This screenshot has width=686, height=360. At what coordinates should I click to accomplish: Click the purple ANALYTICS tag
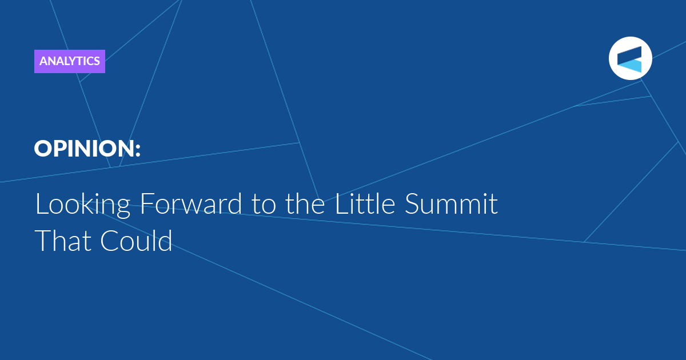point(70,61)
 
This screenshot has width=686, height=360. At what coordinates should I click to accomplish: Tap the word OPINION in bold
point(84,149)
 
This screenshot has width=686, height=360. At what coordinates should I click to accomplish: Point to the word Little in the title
point(365,203)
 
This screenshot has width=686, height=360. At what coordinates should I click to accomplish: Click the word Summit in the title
point(451,203)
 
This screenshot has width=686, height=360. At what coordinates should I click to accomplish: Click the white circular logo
point(630,58)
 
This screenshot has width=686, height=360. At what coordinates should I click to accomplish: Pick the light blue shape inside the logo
point(631,66)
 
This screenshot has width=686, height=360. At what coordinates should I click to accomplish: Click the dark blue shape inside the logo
point(629,55)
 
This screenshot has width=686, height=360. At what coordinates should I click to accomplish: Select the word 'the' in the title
point(305,203)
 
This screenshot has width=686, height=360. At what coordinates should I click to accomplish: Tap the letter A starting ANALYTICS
point(43,61)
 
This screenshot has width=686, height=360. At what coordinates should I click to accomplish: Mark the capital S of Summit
point(412,203)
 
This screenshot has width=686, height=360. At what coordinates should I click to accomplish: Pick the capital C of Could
point(110,241)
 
